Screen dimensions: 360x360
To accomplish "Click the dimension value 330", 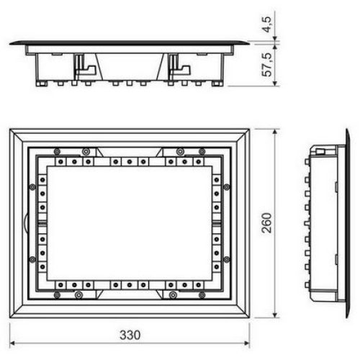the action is click(130, 335).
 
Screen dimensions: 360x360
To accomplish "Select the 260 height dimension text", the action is click(266, 223).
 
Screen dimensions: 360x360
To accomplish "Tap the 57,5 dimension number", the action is click(266, 64).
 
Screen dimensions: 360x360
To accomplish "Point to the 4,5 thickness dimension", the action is click(266, 24).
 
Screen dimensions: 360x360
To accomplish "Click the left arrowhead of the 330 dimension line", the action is click(12, 343).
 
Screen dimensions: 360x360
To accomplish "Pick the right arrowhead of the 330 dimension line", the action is click(247, 343).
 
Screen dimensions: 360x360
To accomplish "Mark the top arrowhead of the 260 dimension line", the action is click(276, 132).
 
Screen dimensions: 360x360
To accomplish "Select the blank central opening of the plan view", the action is click(130, 222).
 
